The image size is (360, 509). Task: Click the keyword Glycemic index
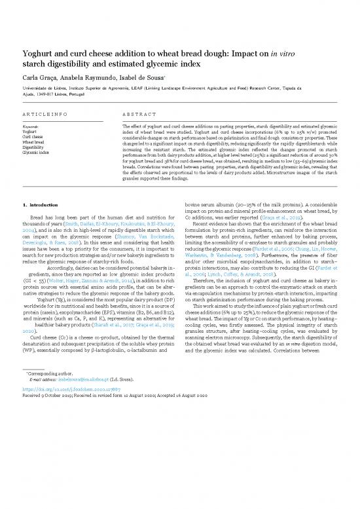(34, 153)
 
